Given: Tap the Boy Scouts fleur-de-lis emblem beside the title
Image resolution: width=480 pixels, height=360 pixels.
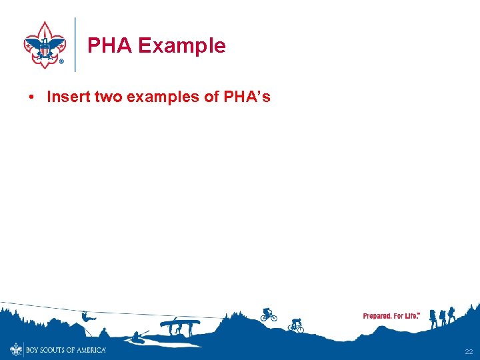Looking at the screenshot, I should pos(45,44).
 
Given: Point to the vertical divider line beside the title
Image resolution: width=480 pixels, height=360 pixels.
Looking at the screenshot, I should pos(75,44).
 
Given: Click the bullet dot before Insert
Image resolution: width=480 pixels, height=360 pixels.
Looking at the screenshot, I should pos(31,97).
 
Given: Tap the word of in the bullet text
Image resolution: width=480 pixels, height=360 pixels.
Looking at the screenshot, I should pos(211,97).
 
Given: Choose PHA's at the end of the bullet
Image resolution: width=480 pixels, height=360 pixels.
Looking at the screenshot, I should pos(247,97).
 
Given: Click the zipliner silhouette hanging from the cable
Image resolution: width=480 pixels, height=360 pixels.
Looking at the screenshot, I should pos(85,317).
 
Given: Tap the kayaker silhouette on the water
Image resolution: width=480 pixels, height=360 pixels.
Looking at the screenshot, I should pos(139,336).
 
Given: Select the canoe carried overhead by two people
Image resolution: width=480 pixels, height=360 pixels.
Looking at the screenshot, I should pos(180,323).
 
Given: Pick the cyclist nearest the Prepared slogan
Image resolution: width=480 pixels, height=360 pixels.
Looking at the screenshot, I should pos(295,325).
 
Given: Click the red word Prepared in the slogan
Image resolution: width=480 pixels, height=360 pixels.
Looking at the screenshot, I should pos(377,315).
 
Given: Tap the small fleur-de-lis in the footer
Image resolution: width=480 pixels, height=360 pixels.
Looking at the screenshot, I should pos(16,349).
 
